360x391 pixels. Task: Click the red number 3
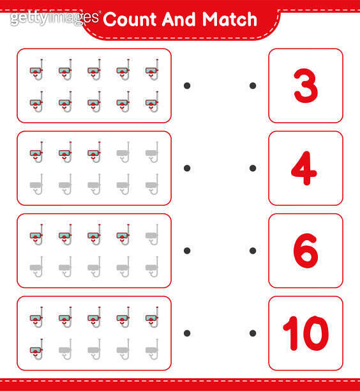[x=306, y=86]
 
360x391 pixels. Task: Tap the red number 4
[x=304, y=168]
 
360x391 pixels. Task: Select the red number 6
[x=306, y=250]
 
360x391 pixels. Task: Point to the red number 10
[x=306, y=333]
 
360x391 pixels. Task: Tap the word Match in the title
[x=229, y=19]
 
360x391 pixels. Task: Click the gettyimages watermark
[x=55, y=18]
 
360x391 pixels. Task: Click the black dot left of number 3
[x=253, y=86]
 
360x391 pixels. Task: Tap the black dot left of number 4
[x=253, y=168]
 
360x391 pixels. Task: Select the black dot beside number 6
[x=253, y=251]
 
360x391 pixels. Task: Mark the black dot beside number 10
[x=253, y=333]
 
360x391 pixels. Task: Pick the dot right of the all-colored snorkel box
[x=187, y=86]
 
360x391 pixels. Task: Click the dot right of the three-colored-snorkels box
[x=187, y=168]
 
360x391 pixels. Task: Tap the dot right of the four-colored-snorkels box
[x=187, y=251]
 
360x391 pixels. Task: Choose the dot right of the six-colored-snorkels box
[x=187, y=333]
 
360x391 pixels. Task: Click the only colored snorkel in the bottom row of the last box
[x=36, y=349]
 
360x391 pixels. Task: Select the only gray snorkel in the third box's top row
[x=152, y=234]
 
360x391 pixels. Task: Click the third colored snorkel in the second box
[x=94, y=152]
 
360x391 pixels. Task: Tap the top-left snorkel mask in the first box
[x=36, y=70]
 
